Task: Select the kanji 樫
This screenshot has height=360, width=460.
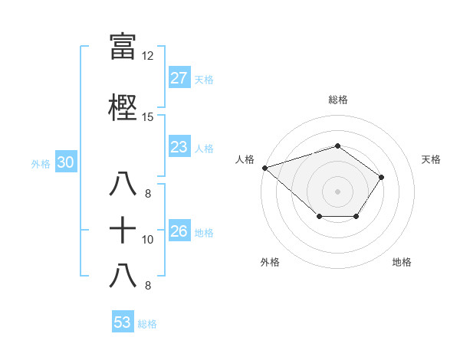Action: (123, 107)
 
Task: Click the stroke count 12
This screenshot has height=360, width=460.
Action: (147, 56)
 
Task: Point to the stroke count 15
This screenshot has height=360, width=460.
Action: (147, 117)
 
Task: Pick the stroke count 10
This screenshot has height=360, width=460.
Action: (147, 240)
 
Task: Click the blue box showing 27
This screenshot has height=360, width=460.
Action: (179, 78)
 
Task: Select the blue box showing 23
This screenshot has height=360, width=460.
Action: (179, 147)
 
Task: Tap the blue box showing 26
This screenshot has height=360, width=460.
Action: (179, 231)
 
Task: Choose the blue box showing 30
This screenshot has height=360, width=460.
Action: (65, 162)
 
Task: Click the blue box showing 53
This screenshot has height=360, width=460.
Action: (122, 322)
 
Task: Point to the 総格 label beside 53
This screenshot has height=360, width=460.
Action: (147, 324)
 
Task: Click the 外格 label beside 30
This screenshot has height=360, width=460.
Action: (41, 163)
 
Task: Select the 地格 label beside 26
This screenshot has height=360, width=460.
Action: (204, 232)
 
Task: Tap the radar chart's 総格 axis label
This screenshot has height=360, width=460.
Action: (337, 100)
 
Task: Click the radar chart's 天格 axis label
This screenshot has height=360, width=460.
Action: (432, 159)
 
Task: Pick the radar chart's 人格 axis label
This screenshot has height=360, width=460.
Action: (245, 159)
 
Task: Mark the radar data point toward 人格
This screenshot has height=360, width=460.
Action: (264, 167)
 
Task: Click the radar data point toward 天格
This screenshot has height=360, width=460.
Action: (382, 177)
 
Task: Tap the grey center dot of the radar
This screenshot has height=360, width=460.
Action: (337, 191)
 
